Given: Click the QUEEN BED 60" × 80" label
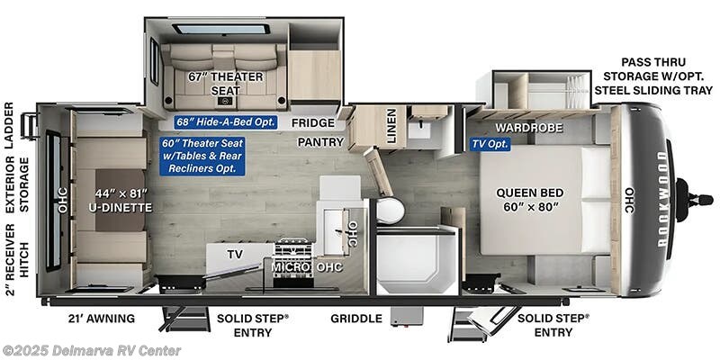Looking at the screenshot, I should (x=531, y=199).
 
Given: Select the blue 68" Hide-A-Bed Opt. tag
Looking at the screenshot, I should (x=225, y=121).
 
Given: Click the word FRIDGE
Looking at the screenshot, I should (x=314, y=122).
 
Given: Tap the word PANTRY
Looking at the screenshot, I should (x=321, y=141).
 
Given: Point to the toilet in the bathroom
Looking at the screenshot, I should (x=390, y=211).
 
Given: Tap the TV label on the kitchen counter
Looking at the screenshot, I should (x=235, y=255).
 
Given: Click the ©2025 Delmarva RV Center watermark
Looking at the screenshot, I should (x=92, y=350).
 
